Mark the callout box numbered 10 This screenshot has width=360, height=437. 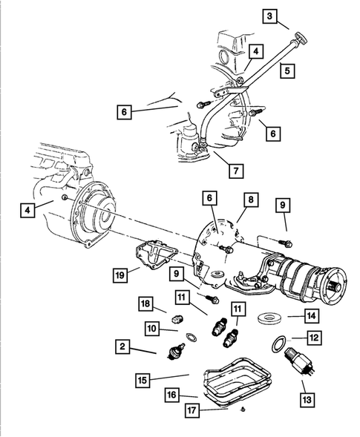coord(151,328)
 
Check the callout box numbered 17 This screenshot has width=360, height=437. coord(192,410)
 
